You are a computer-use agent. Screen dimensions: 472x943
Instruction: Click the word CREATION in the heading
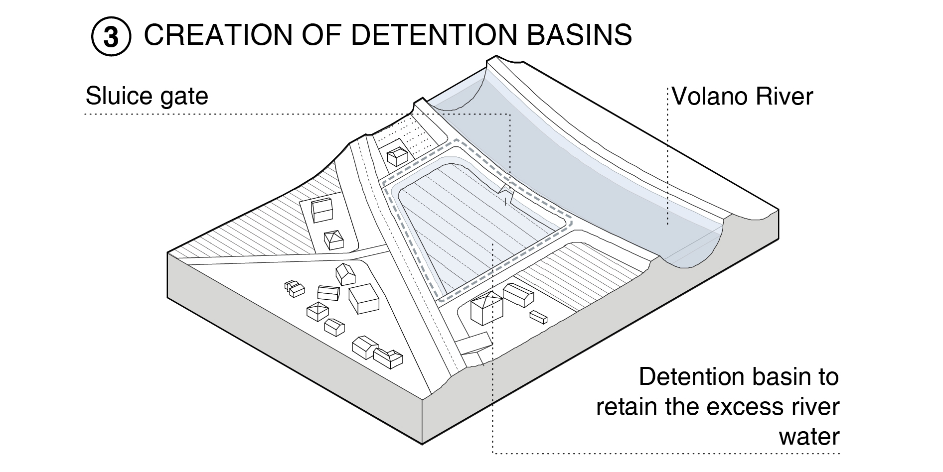(217, 35)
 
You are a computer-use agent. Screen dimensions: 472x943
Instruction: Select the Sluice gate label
(147, 96)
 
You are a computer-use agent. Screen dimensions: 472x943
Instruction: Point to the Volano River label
(742, 96)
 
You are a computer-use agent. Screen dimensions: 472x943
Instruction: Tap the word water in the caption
(808, 437)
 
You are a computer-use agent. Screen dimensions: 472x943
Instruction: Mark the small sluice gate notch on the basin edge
(507, 192)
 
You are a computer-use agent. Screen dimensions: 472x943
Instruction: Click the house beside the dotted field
(398, 156)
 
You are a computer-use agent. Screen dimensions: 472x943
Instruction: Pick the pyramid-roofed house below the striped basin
(486, 308)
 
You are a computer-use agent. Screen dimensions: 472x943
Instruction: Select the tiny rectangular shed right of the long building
(538, 317)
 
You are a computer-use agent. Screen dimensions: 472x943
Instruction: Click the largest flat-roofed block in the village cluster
(364, 298)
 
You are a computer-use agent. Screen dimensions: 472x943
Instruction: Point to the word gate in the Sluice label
(184, 96)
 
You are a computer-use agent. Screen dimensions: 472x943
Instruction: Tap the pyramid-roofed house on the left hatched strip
(333, 239)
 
